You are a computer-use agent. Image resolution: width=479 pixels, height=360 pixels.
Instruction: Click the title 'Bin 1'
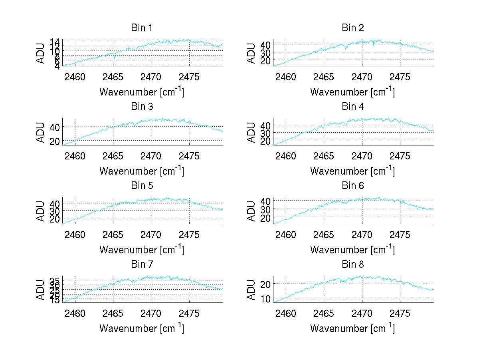[x=142, y=28]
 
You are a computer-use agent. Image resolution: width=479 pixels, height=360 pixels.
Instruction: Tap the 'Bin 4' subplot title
[x=353, y=107]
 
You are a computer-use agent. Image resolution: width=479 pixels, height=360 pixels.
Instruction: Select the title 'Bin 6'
[x=353, y=185]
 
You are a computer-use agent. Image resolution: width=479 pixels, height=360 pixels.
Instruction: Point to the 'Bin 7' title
[x=142, y=264]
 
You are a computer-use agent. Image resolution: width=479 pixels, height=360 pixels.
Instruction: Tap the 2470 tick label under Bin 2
[x=362, y=77]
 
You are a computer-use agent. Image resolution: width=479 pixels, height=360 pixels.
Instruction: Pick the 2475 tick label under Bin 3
[x=189, y=155]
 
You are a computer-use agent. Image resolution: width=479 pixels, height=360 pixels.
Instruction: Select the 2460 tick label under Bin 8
[x=286, y=313]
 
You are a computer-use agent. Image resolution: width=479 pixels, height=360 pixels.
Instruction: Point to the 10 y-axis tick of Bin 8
[x=265, y=298]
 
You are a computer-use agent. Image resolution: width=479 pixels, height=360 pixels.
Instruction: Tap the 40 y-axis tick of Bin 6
[x=265, y=200]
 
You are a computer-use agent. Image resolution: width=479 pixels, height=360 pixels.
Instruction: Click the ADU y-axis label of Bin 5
[x=41, y=211]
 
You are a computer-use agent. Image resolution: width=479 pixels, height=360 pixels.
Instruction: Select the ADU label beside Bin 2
[x=251, y=53]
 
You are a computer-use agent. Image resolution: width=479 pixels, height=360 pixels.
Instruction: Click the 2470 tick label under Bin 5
[x=151, y=234]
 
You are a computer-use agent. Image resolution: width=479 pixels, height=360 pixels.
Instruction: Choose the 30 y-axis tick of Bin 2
[x=265, y=52]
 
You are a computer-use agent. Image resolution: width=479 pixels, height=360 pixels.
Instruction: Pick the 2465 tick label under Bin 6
[x=324, y=234]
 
